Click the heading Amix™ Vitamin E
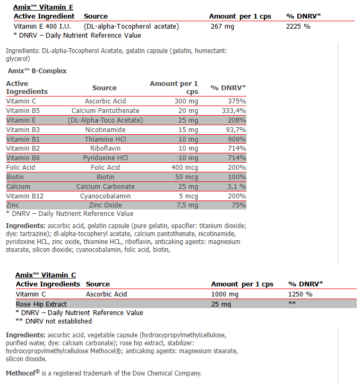point(44,7)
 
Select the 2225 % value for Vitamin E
point(298,26)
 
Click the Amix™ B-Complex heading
point(37,71)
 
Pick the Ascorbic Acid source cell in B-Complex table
point(105,101)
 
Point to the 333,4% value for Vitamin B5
point(234,111)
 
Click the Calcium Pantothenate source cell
point(105,111)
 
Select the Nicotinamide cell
point(105,129)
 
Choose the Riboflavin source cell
point(105,149)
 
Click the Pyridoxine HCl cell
point(105,158)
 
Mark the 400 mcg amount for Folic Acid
point(185,168)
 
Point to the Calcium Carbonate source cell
point(105,187)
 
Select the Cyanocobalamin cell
point(105,196)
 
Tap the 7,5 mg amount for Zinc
point(187,205)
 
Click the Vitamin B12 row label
point(23,196)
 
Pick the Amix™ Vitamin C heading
point(46,275)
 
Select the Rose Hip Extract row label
point(41,304)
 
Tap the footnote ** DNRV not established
point(54,321)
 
